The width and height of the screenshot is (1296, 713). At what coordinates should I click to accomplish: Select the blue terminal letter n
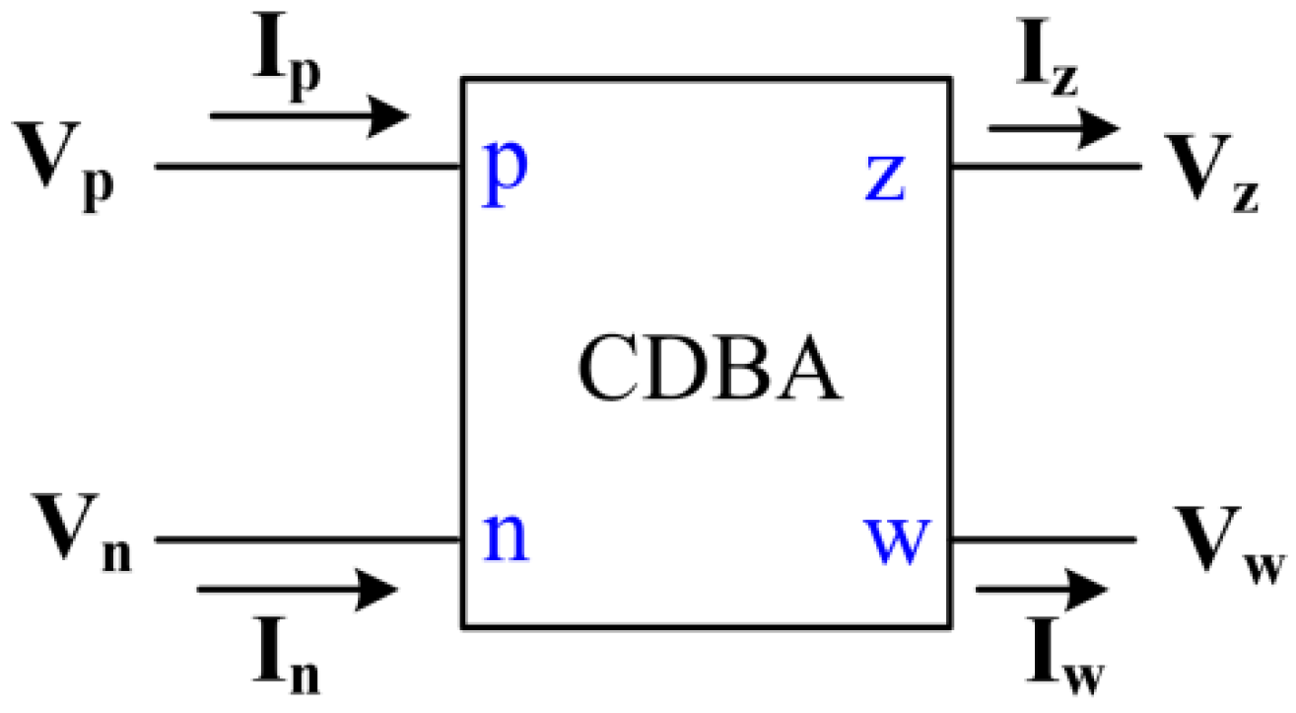505,538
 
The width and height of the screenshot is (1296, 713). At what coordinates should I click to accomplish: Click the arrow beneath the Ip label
310,115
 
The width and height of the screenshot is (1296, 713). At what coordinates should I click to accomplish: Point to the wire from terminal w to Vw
1044,539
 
